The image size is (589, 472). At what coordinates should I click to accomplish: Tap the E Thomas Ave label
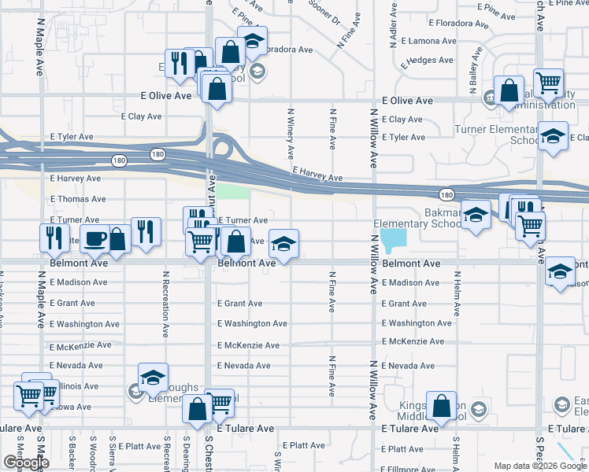pyautogui.click(x=77, y=200)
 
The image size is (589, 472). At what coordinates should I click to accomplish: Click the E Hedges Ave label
pyautogui.click(x=426, y=60)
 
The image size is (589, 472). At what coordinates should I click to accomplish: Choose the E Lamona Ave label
pyautogui.click(x=428, y=41)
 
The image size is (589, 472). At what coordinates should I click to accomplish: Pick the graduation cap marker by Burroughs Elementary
pyautogui.click(x=154, y=376)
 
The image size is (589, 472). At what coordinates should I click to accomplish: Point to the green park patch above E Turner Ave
pyautogui.click(x=232, y=193)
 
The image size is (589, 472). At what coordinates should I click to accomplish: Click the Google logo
pyautogui.click(x=26, y=463)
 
